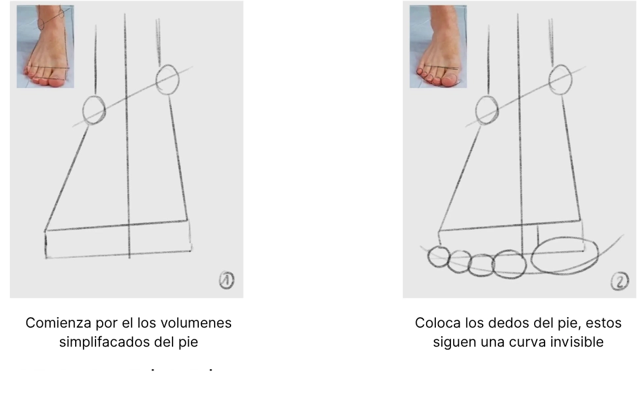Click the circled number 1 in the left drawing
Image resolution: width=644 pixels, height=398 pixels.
click(226, 281)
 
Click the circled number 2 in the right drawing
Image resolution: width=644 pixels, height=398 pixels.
click(619, 282)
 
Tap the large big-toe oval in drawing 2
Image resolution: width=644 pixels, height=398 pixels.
click(564, 254)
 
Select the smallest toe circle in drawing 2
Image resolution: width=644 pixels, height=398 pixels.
click(438, 256)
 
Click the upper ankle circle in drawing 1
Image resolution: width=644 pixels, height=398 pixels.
click(167, 79)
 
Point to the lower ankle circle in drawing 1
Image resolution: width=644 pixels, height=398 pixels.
click(94, 109)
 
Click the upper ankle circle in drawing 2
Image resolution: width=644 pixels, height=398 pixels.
click(561, 79)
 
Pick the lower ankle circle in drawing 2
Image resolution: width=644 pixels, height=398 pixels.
click(487, 110)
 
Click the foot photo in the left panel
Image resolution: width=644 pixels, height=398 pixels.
click(45, 46)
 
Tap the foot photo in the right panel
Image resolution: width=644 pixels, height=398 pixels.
click(438, 46)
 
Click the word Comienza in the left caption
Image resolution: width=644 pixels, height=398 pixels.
click(53, 324)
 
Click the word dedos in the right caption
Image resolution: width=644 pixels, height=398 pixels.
click(498, 324)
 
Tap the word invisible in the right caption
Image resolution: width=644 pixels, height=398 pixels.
click(577, 342)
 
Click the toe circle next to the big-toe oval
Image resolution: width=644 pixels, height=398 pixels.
click(510, 263)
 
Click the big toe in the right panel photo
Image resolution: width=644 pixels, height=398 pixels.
click(451, 78)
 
